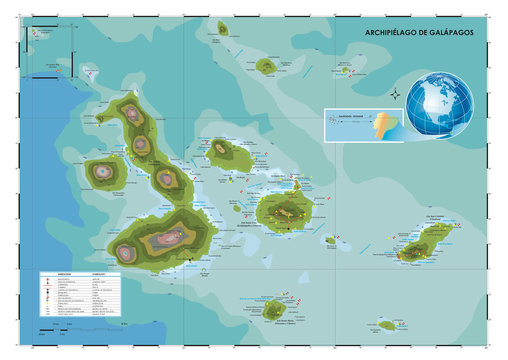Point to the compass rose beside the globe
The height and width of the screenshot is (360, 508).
(x=395, y=96)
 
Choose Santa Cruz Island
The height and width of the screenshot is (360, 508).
(x=284, y=211)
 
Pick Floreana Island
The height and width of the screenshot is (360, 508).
(x=272, y=309)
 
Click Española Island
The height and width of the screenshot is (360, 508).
(x=388, y=325)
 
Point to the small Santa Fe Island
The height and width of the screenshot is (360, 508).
(x=330, y=240)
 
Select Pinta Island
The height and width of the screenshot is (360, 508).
(x=227, y=27)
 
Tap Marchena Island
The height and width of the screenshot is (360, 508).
(x=266, y=66)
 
